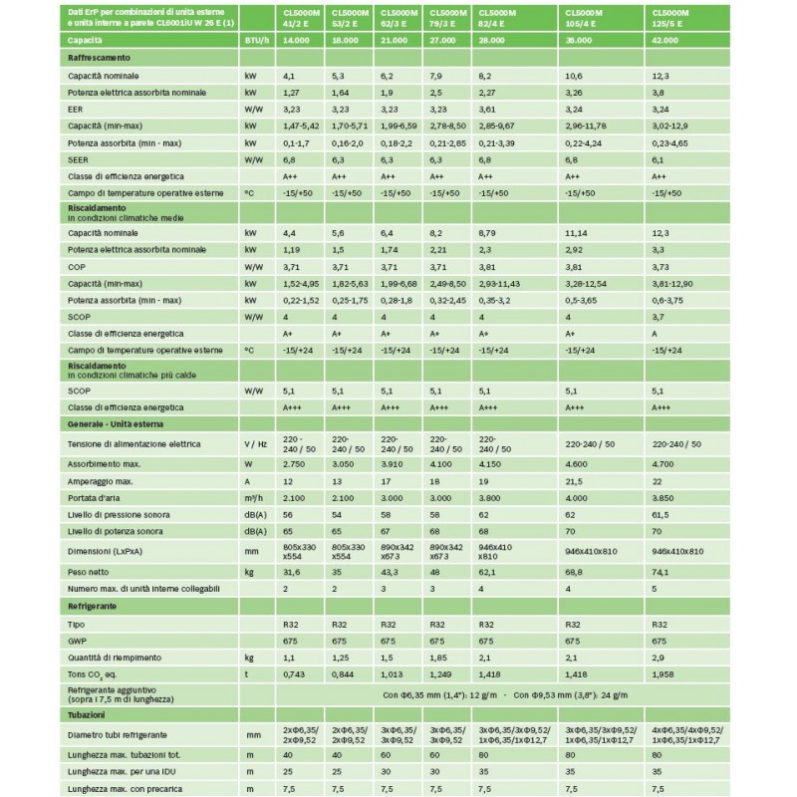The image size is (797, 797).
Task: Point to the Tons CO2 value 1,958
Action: point(664,673)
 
